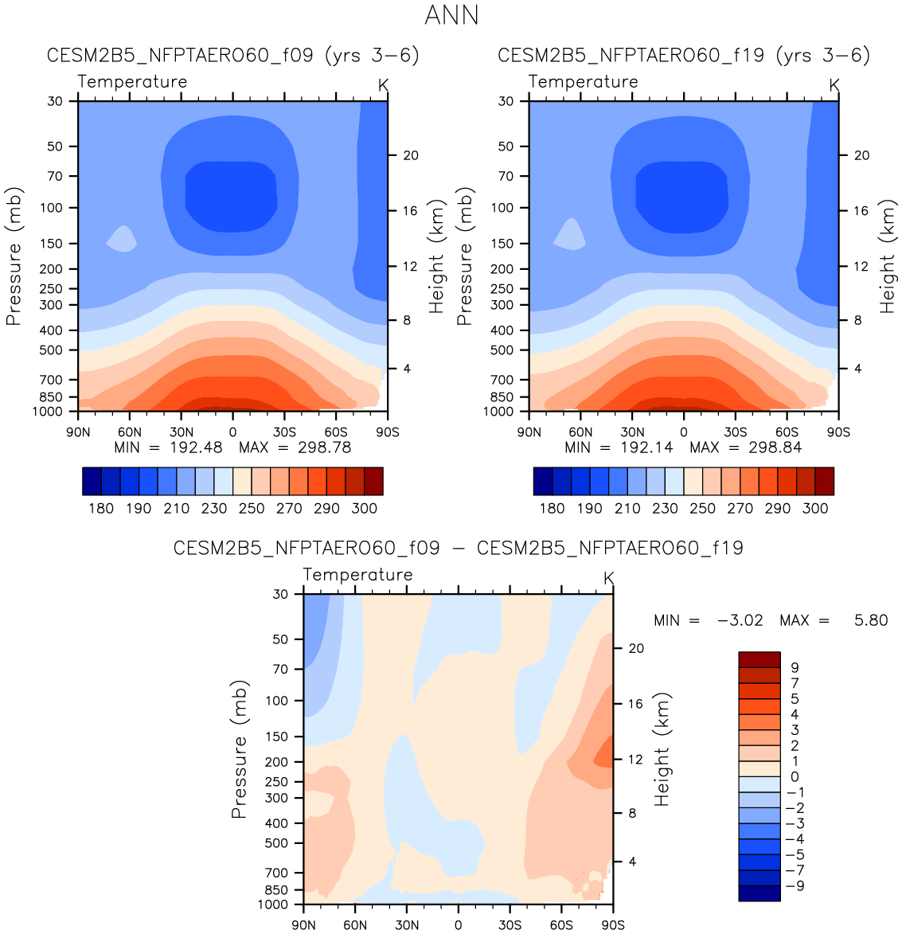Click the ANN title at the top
451,15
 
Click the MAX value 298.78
324,447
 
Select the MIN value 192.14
646,447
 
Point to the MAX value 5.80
870,620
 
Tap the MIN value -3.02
740,620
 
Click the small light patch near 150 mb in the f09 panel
122,238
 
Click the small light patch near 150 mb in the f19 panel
571,234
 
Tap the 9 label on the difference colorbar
795,667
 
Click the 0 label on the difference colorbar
795,776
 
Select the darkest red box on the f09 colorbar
373,481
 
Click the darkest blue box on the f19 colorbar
543,481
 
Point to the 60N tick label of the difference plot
355,924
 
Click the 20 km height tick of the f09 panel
410,155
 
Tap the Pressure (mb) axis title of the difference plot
239,749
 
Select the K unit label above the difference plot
609,578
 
